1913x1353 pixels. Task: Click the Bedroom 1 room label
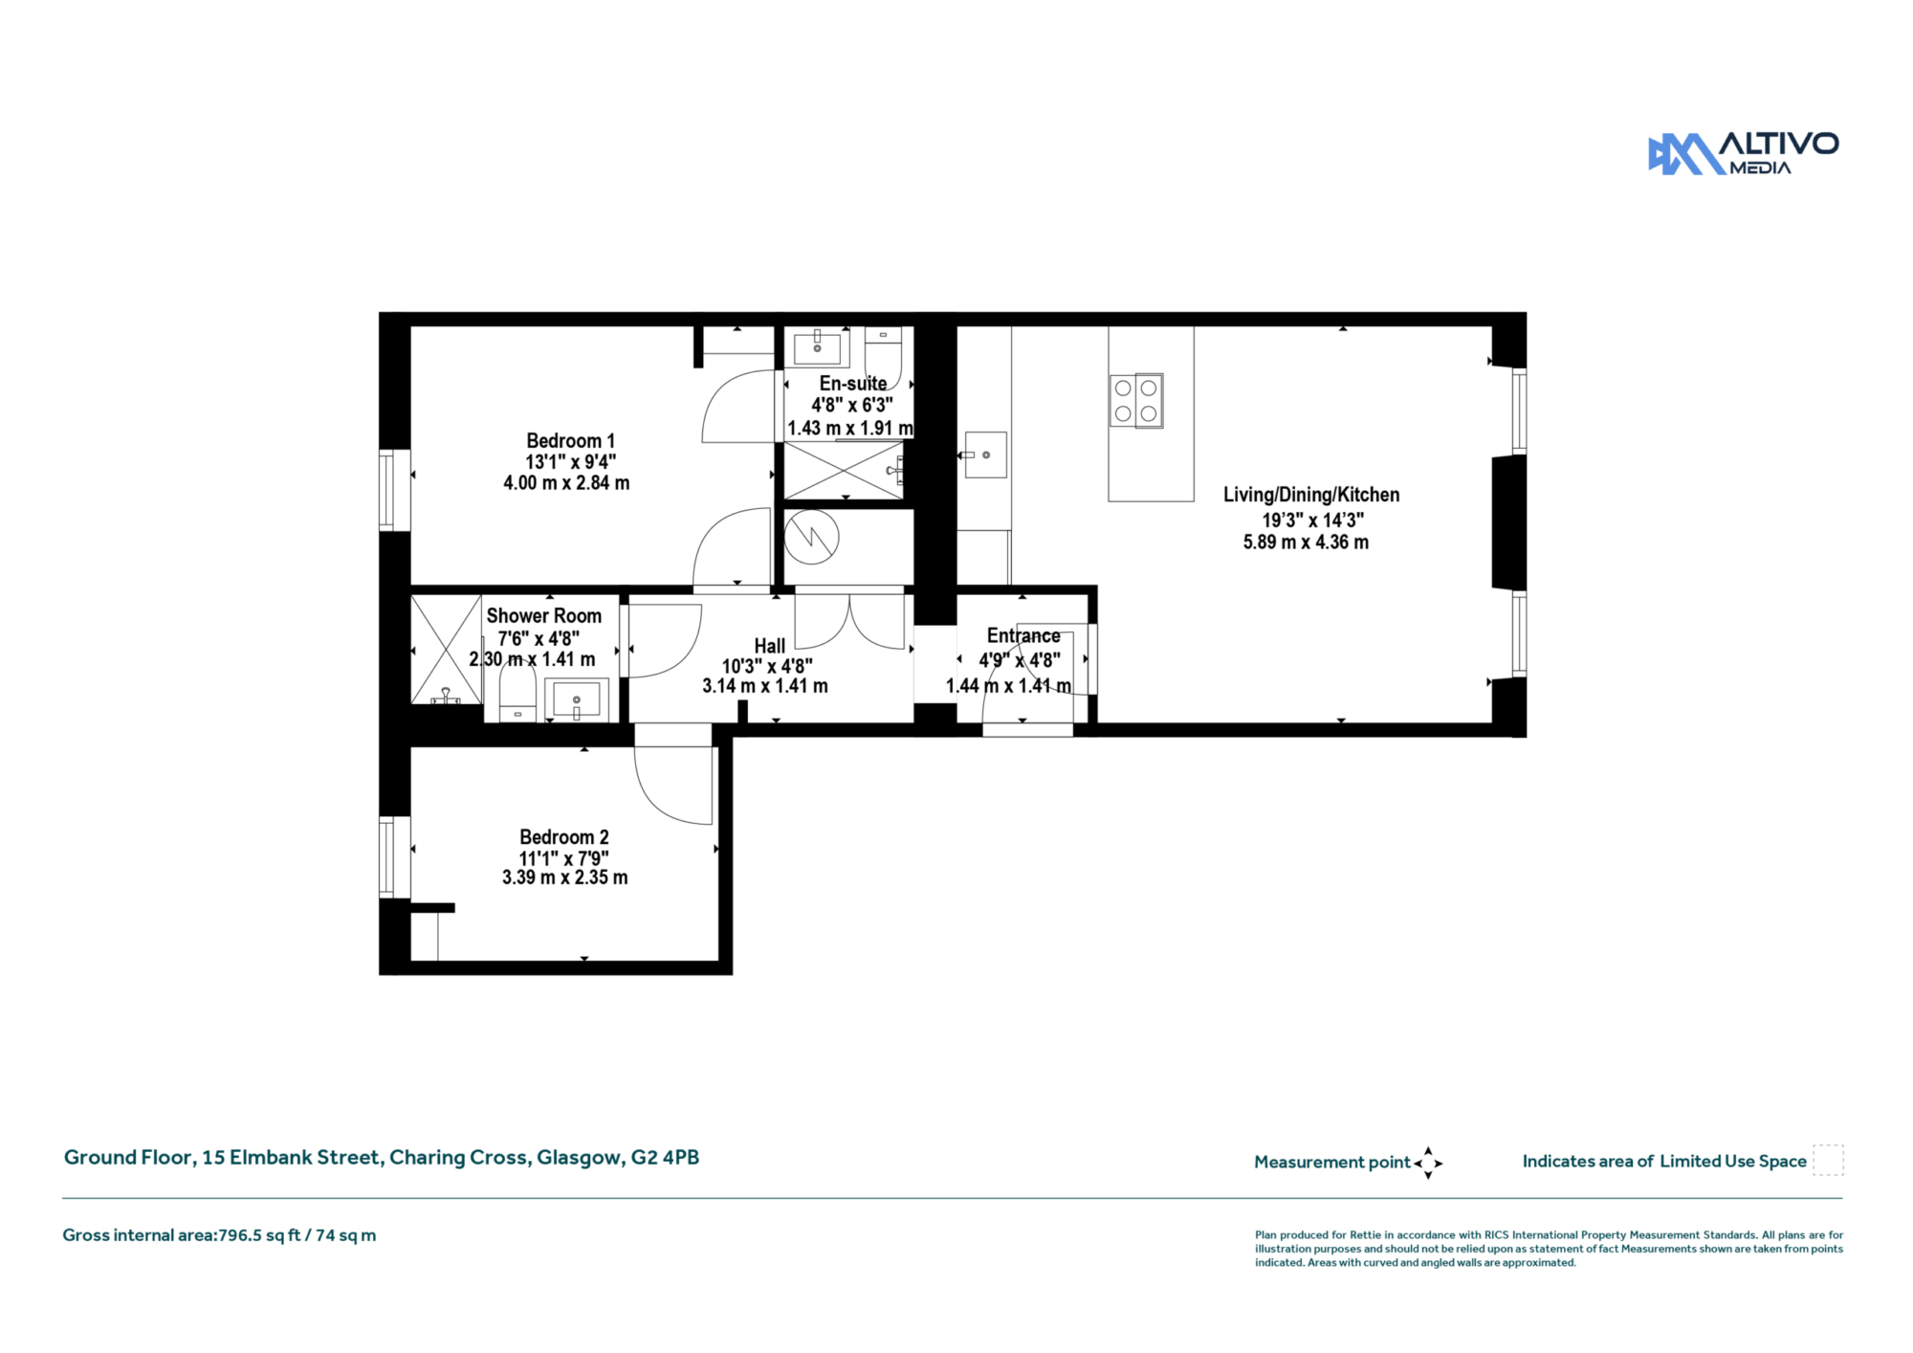click(x=570, y=441)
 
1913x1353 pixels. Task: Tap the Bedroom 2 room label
click(x=564, y=837)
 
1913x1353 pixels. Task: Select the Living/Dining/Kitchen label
click(x=1311, y=495)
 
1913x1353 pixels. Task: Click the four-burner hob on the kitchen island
click(x=1136, y=400)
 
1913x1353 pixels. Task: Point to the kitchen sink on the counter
click(x=985, y=455)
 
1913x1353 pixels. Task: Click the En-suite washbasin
click(x=818, y=348)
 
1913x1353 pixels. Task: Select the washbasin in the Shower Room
click(x=577, y=699)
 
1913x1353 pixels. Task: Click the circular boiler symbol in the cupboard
click(x=812, y=537)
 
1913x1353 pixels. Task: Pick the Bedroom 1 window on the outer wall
click(x=387, y=490)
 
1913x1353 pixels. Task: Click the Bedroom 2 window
click(x=387, y=856)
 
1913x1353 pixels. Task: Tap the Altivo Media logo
click(x=1743, y=154)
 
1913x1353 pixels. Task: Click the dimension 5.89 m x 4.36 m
click(x=1306, y=543)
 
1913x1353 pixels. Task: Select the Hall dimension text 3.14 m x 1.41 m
click(x=765, y=686)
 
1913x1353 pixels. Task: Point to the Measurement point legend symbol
click(x=1428, y=1164)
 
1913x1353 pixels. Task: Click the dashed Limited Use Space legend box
click(x=1828, y=1160)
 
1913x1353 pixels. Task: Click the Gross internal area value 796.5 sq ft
click(x=259, y=1235)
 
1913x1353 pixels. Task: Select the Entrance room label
click(x=1023, y=636)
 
